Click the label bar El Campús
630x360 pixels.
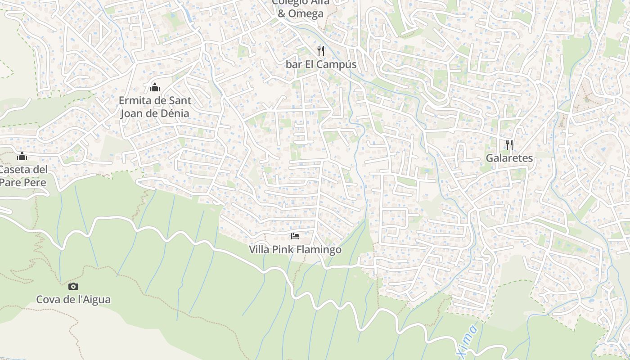point(321,64)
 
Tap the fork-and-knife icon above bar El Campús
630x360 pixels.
point(320,50)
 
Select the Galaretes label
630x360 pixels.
point(509,158)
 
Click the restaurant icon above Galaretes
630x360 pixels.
point(509,144)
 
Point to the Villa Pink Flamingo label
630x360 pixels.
point(295,250)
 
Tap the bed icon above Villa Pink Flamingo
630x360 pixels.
point(295,236)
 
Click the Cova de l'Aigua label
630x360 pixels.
point(73,300)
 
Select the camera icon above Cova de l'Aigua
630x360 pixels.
point(73,286)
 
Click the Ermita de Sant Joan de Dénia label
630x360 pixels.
point(155,107)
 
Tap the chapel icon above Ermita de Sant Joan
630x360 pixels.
point(155,87)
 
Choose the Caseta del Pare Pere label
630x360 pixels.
point(23,176)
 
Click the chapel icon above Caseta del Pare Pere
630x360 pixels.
point(22,156)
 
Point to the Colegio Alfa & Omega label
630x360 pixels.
point(301,8)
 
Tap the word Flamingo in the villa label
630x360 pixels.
point(319,250)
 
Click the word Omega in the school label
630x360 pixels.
point(306,13)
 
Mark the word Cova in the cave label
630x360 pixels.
point(47,300)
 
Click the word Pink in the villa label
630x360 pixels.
point(283,250)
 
